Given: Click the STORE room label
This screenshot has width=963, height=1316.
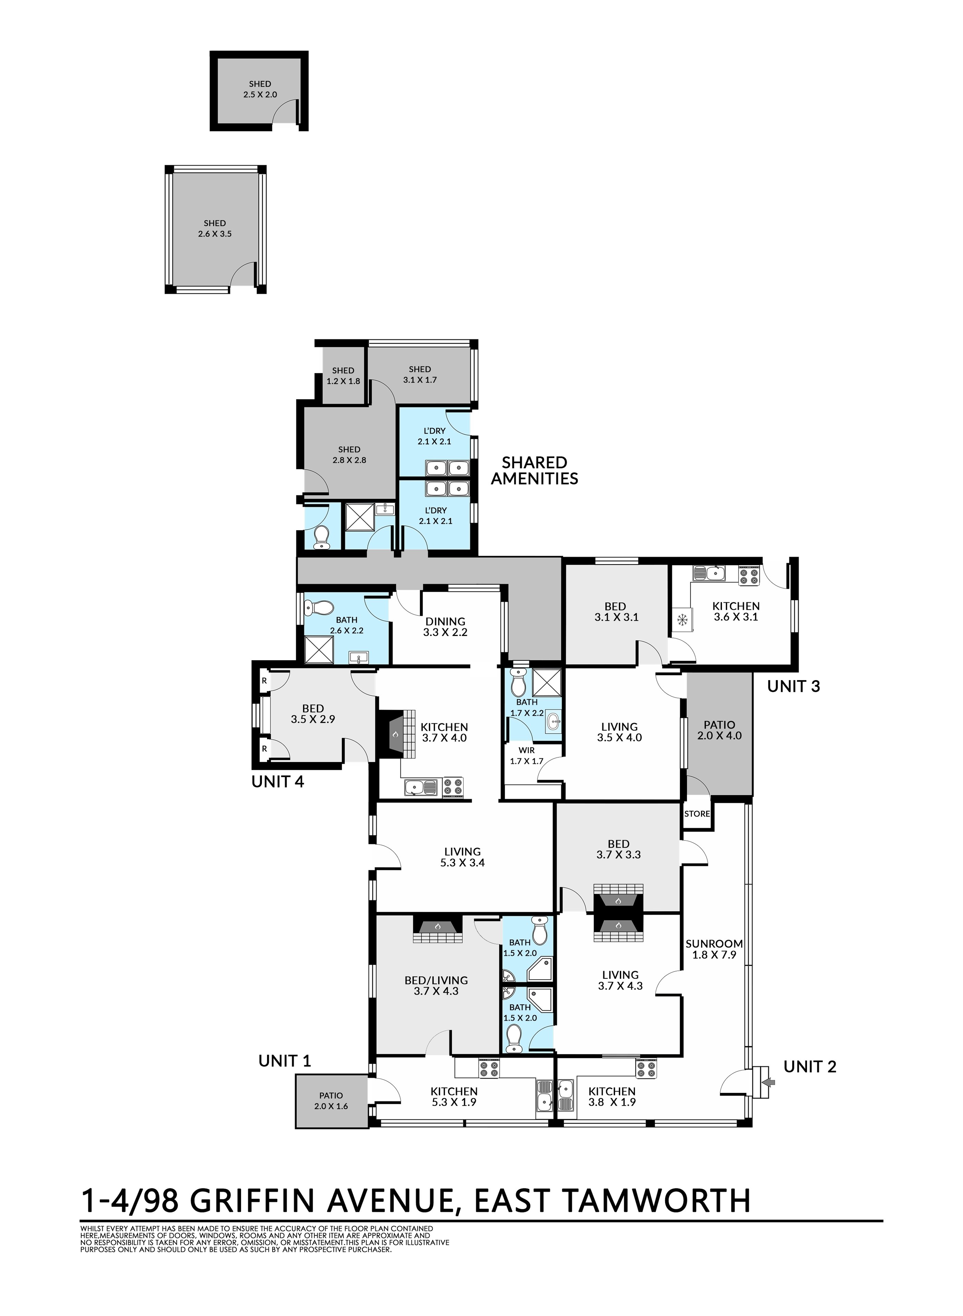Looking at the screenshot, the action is point(697,813).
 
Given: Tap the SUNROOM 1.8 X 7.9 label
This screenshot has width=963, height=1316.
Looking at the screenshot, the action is point(714,949).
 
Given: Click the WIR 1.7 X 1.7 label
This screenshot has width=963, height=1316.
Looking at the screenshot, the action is point(526,756).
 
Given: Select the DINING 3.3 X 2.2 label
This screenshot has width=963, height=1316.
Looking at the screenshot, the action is point(445,627).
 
